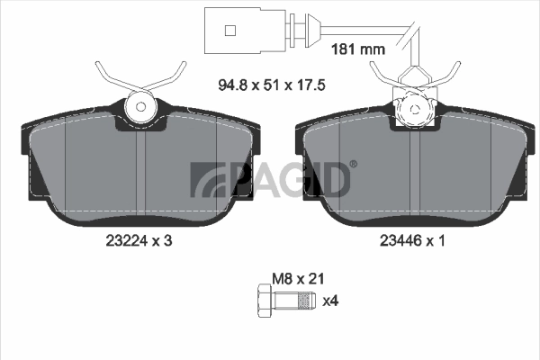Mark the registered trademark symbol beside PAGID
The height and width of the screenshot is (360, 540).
[352, 164]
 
